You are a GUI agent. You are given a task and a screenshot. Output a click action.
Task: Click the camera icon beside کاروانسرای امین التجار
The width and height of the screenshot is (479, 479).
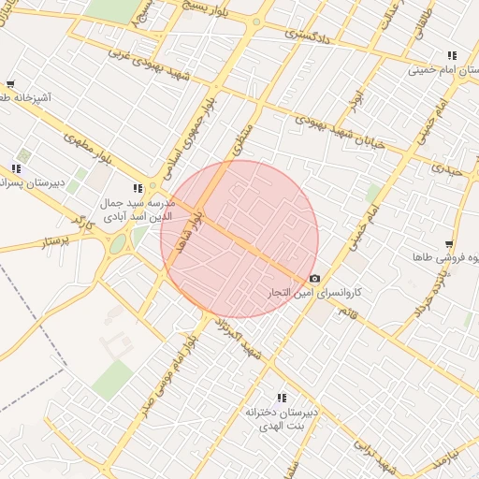(313, 279)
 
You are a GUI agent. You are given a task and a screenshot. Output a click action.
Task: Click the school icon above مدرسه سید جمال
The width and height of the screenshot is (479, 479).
(138, 188)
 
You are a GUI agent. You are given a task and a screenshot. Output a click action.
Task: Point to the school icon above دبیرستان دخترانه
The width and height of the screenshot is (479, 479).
(282, 398)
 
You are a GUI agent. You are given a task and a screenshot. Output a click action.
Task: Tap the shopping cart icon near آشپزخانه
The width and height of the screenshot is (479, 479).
(10, 84)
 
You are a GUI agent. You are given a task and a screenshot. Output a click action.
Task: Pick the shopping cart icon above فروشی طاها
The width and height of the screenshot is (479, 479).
(449, 244)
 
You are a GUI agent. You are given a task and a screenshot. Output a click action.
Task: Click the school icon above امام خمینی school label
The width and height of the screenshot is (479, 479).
(453, 55)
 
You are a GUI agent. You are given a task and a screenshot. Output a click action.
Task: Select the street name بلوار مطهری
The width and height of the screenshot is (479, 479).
(88, 150)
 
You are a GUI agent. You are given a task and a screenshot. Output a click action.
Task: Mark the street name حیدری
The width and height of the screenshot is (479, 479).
(448, 167)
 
